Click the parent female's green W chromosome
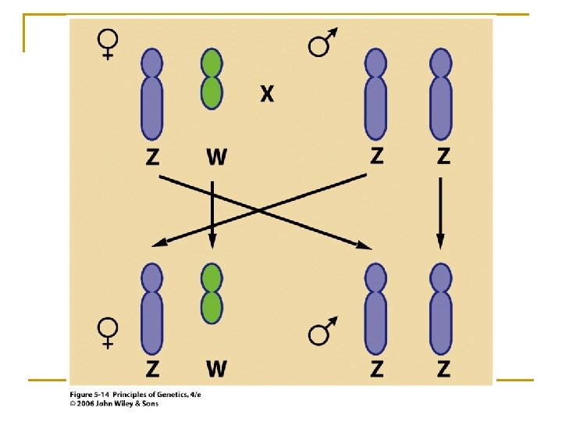212,78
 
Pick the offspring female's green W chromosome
212,300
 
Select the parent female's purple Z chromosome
151,94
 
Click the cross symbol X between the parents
267,95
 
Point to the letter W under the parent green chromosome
216,156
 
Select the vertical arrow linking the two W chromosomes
212,211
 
